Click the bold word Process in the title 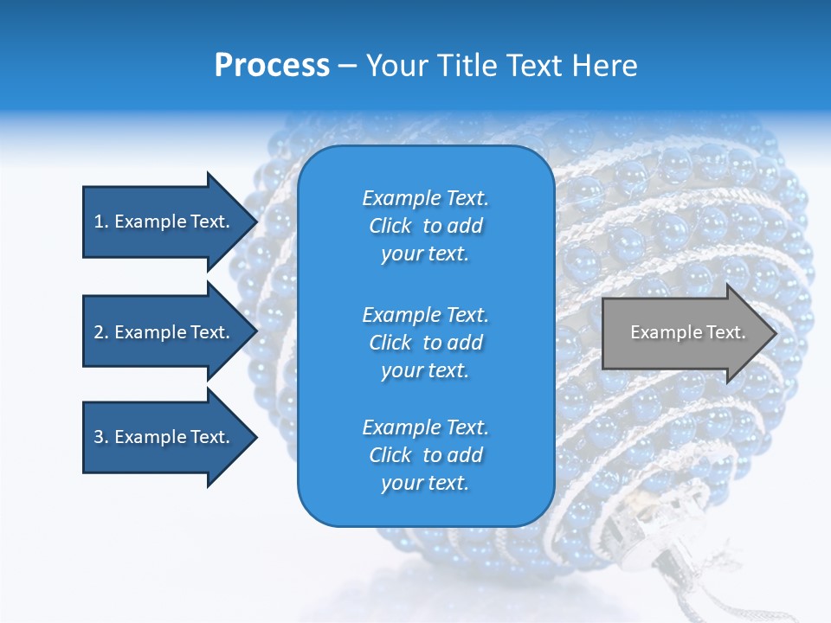click(272, 66)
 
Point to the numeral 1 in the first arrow click(99, 222)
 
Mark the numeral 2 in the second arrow click(99, 332)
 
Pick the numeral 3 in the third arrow click(99, 437)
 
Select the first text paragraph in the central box click(425, 226)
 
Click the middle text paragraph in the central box click(425, 343)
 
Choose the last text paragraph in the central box click(425, 455)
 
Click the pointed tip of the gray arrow click(775, 333)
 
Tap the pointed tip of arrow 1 click(255, 222)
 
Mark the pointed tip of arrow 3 click(255, 437)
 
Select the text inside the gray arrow click(687, 332)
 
